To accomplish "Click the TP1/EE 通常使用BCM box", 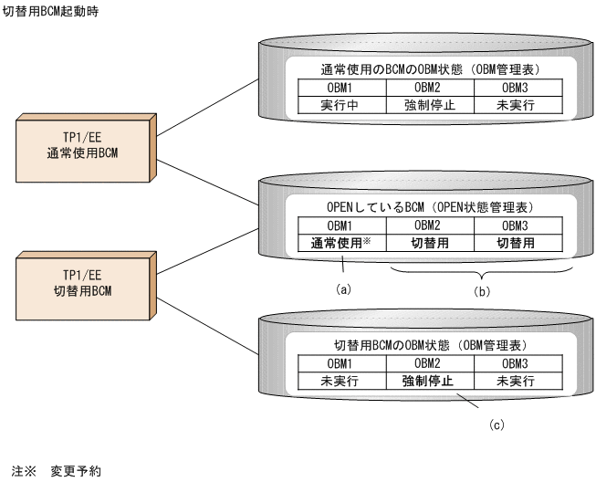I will point(83,144).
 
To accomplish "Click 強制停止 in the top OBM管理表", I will point(428,105).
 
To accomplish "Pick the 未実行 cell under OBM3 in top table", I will point(516,105).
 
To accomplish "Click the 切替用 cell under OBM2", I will point(428,244).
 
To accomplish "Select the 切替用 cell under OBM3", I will point(516,244).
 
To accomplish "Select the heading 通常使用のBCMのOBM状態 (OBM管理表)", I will point(428,69).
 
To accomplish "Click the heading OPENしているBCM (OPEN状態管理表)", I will point(428,207).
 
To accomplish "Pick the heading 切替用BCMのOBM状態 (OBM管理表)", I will point(428,347).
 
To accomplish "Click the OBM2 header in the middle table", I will point(428,225).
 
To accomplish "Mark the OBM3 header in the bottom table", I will point(516,364).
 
